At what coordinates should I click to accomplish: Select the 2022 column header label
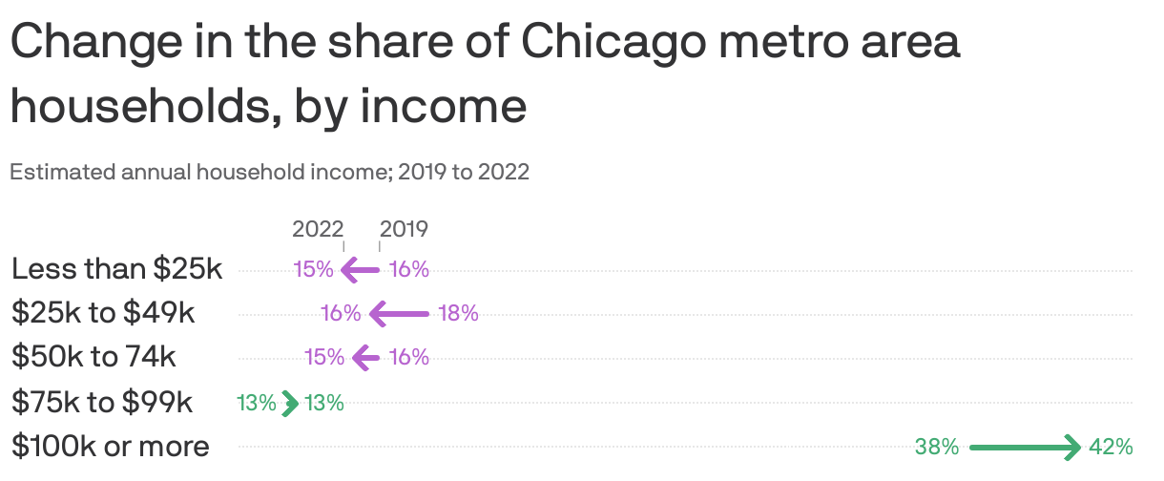tap(318, 229)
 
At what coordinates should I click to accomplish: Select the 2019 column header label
tap(404, 229)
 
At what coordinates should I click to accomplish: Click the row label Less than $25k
tap(116, 269)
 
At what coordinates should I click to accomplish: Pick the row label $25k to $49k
tap(104, 313)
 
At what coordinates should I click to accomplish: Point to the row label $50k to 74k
tap(94, 357)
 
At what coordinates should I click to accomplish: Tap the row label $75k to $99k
tap(102, 402)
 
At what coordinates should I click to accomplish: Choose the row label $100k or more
tap(111, 446)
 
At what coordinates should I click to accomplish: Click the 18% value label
tap(458, 313)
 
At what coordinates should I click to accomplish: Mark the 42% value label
tap(1112, 446)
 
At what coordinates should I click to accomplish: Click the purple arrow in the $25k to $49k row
tap(399, 313)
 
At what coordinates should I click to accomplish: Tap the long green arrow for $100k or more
tap(1025, 446)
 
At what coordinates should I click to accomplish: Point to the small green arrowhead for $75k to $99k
tap(290, 403)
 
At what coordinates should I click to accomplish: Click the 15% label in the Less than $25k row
tap(313, 269)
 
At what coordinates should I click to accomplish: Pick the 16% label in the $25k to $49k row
tap(341, 313)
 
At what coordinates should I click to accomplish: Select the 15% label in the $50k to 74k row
tap(324, 358)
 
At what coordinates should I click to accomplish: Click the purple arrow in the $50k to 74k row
tap(365, 358)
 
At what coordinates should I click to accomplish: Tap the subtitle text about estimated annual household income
tap(269, 173)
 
